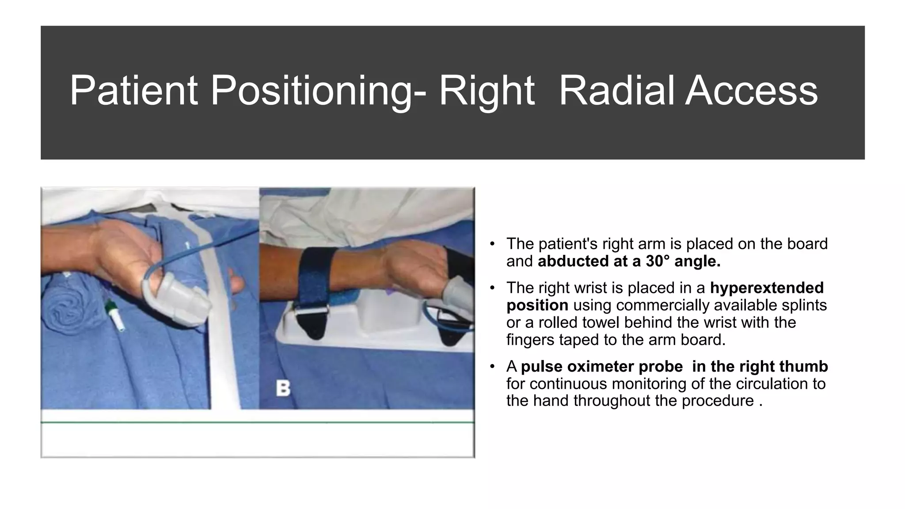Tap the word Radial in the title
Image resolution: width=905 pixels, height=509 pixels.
pos(617,91)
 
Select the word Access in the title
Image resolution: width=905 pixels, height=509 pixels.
pos(751,91)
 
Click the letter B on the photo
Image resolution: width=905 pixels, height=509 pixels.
pos(283,388)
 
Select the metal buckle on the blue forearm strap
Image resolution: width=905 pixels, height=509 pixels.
pos(312,311)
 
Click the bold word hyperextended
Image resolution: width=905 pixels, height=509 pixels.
pos(767,288)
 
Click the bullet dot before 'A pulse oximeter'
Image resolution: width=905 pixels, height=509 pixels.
pos(492,367)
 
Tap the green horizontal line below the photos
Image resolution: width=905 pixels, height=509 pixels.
pos(257,423)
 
